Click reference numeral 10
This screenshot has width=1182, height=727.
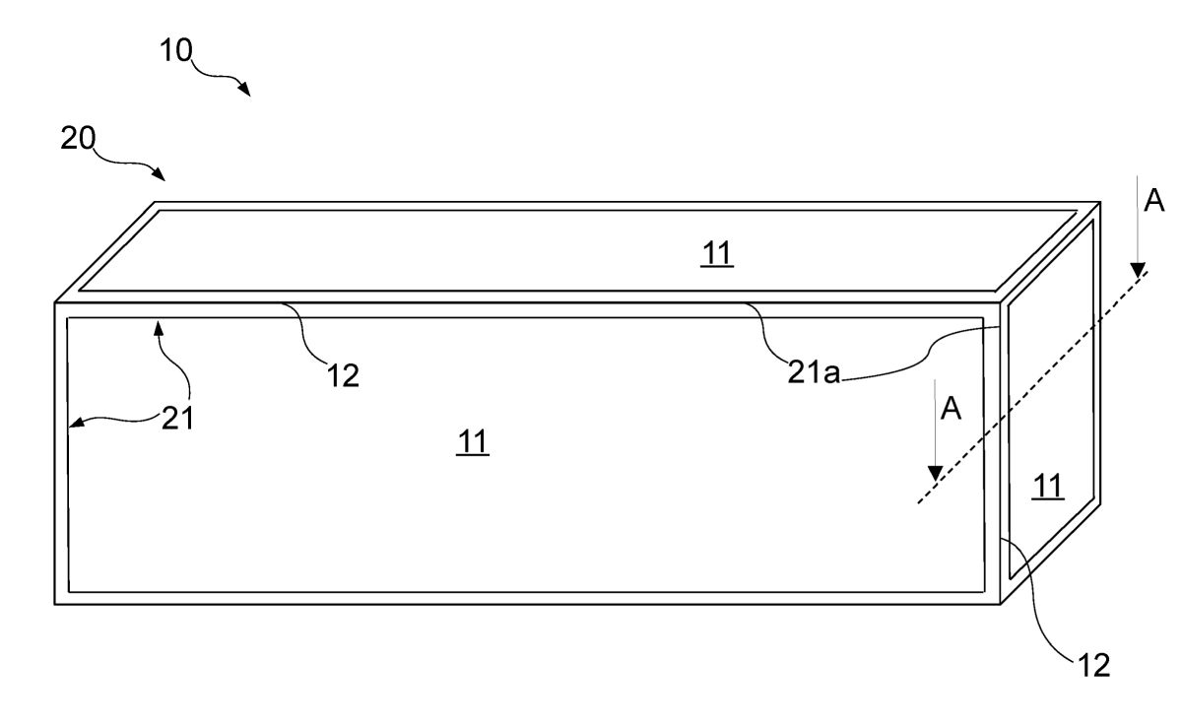tap(175, 50)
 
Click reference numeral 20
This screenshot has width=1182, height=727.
tap(78, 138)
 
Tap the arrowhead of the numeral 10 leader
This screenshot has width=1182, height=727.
tap(244, 89)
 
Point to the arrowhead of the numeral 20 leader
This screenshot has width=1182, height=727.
tap(159, 173)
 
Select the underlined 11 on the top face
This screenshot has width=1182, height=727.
tap(717, 253)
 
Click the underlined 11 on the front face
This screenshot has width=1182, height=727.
tap(472, 441)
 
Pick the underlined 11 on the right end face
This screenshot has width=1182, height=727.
tap(1047, 486)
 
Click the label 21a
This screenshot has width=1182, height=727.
tap(814, 372)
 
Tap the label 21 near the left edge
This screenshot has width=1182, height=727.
tap(178, 419)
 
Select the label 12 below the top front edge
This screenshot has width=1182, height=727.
tap(343, 376)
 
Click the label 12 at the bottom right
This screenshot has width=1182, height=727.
tap(1094, 665)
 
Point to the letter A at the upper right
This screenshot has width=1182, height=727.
tap(1153, 201)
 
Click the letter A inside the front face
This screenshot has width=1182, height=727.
tap(951, 409)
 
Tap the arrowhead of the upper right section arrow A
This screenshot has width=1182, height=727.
tap(1138, 271)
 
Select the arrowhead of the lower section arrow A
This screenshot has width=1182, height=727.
tap(936, 474)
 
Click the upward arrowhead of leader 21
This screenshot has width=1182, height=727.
tap(159, 328)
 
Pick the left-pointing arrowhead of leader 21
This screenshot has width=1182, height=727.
tap(77, 422)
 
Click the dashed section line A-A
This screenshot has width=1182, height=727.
tap(1032, 388)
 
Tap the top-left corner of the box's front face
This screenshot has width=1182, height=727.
tap(55, 302)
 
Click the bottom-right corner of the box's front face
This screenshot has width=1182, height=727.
tap(1001, 604)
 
